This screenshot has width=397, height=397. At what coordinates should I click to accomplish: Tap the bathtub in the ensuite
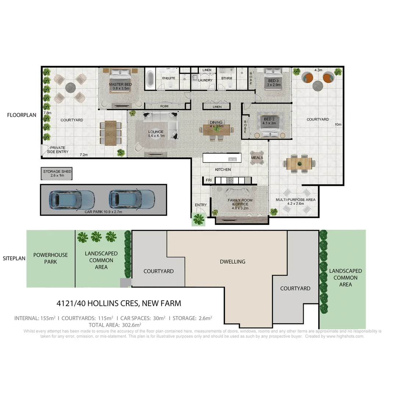coord(150,79)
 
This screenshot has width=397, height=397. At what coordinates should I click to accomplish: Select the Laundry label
coord(205,80)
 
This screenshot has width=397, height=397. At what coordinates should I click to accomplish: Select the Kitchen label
coord(223,169)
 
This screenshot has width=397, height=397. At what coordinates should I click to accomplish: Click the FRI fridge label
coord(208,180)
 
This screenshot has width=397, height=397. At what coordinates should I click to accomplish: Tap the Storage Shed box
coord(57,174)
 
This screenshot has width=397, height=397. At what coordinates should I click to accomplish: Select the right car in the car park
coord(131,199)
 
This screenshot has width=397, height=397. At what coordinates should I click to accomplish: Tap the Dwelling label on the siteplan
coord(232,262)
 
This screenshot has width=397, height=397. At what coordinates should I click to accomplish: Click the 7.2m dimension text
coord(84,155)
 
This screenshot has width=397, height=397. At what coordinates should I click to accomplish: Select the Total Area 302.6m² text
coord(115,325)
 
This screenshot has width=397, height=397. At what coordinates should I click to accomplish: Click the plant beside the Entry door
coord(199,219)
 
